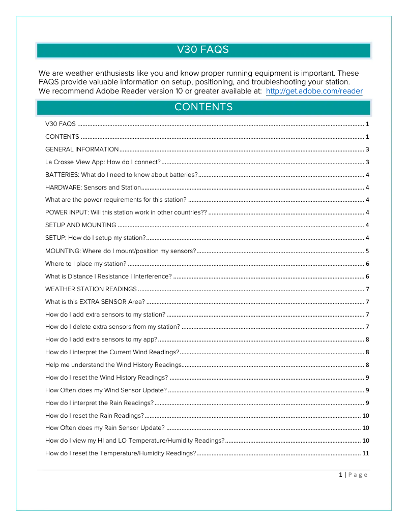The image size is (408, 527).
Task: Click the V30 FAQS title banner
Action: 203,50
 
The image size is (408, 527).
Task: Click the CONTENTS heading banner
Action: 203,107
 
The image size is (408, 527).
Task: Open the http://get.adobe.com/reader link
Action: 314,91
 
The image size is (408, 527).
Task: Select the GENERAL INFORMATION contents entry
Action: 82,149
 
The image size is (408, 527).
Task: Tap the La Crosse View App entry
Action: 103,162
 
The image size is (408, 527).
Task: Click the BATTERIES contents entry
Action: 121,175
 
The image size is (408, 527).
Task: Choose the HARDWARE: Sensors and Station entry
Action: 93,188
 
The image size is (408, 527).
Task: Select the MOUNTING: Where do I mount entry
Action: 121,251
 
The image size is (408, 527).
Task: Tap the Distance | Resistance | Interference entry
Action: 108,276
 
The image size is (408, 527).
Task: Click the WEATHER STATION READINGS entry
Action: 91,289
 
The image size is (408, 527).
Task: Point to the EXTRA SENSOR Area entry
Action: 95,301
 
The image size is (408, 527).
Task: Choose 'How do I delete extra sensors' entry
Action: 112,327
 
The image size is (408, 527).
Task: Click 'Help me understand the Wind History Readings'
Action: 113,365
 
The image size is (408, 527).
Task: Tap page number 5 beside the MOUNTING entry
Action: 367,251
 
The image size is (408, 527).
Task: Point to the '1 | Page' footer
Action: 353,475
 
